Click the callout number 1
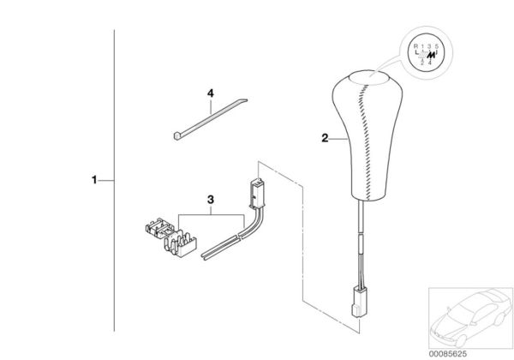click(95, 181)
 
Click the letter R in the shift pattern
click(416, 45)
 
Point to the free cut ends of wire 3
click(205, 255)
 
